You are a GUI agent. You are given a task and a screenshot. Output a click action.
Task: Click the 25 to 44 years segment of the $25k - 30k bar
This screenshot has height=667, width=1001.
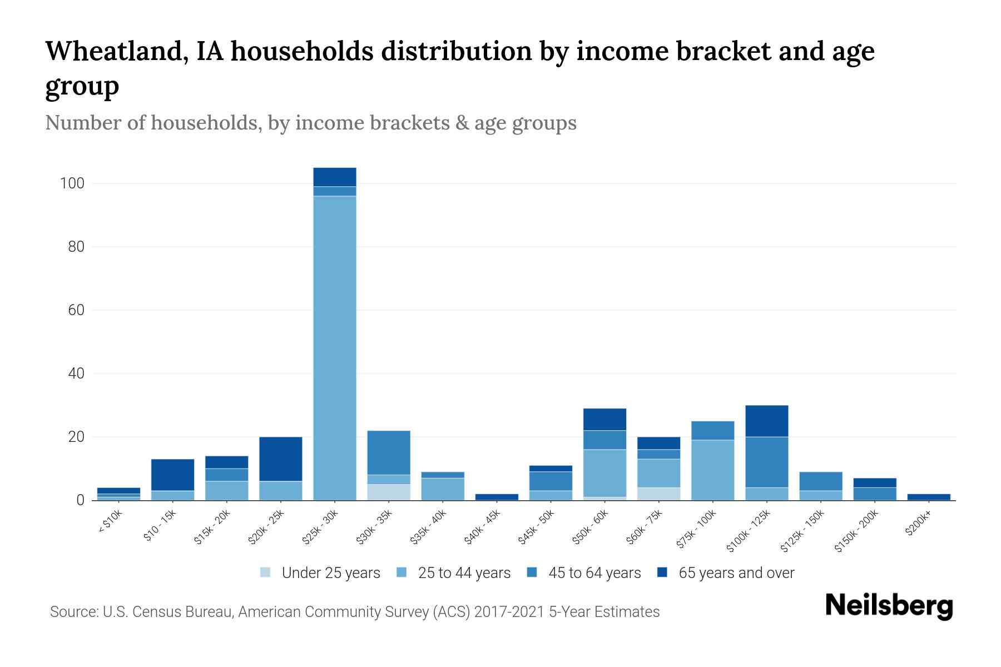[x=334, y=347]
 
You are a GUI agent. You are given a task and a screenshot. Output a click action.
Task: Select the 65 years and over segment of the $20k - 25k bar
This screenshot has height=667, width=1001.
[x=280, y=459]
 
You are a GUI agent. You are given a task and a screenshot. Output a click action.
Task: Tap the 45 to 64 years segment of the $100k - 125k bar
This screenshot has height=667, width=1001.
[x=766, y=462]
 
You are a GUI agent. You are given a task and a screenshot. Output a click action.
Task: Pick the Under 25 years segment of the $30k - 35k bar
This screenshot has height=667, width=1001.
[x=388, y=492]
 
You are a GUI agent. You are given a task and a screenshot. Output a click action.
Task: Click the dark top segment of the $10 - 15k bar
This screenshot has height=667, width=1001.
[x=172, y=475]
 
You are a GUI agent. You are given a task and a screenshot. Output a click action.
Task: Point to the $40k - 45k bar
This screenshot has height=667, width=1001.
[x=497, y=497]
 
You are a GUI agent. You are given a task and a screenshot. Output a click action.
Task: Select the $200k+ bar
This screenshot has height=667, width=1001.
[x=929, y=497]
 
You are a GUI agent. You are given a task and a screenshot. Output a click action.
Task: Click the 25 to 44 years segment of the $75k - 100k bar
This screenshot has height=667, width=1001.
[x=712, y=470]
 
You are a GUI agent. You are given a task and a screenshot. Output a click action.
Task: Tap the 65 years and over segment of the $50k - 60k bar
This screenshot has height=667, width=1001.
[x=604, y=419]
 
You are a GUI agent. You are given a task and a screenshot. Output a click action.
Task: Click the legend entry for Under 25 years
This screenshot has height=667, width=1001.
[x=320, y=573]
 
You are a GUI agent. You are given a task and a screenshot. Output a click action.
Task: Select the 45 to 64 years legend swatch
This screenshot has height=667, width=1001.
[x=532, y=573]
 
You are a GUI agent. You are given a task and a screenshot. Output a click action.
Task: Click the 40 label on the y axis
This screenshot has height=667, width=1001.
[x=76, y=374]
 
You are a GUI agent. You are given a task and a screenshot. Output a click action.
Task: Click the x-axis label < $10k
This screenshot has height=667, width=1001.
[x=110, y=522]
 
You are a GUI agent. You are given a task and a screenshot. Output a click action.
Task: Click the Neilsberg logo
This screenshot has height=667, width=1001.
[x=889, y=606]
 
